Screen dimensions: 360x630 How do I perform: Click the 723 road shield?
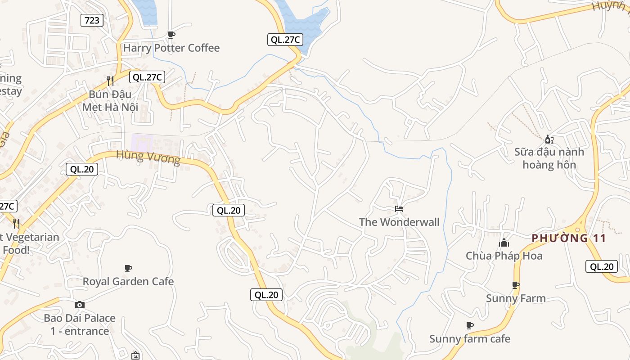pyautogui.click(x=92, y=20)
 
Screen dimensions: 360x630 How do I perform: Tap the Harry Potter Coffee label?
pyautogui.click(x=171, y=48)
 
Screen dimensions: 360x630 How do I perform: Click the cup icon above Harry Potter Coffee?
pyautogui.click(x=171, y=35)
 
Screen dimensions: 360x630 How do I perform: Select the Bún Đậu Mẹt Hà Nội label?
pyautogui.click(x=110, y=101)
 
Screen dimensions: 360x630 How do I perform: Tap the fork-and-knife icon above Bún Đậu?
pyautogui.click(x=110, y=81)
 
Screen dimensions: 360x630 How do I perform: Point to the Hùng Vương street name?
pyautogui.click(x=148, y=157)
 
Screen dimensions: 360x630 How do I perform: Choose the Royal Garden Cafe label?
pyautogui.click(x=128, y=282)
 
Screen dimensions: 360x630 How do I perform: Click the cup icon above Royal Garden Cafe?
pyautogui.click(x=128, y=269)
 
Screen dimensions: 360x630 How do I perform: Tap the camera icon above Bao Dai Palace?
pyautogui.click(x=80, y=305)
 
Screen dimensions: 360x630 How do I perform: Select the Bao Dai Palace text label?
pyautogui.click(x=80, y=324)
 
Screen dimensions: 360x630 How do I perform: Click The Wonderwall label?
pyautogui.click(x=399, y=222)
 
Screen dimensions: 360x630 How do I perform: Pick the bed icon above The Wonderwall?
pyautogui.click(x=399, y=209)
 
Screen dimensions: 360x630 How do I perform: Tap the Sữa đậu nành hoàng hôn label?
pyautogui.click(x=549, y=158)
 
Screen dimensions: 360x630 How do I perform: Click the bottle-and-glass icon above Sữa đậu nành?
pyautogui.click(x=549, y=139)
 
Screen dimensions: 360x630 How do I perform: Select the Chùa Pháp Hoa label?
pyautogui.click(x=504, y=256)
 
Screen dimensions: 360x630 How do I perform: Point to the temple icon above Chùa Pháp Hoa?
pyautogui.click(x=504, y=243)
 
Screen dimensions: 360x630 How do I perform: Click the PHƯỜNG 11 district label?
pyautogui.click(x=569, y=238)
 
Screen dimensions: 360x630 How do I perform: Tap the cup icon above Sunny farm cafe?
pyautogui.click(x=470, y=325)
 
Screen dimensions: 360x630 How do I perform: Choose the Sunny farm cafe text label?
pyautogui.click(x=470, y=339)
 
